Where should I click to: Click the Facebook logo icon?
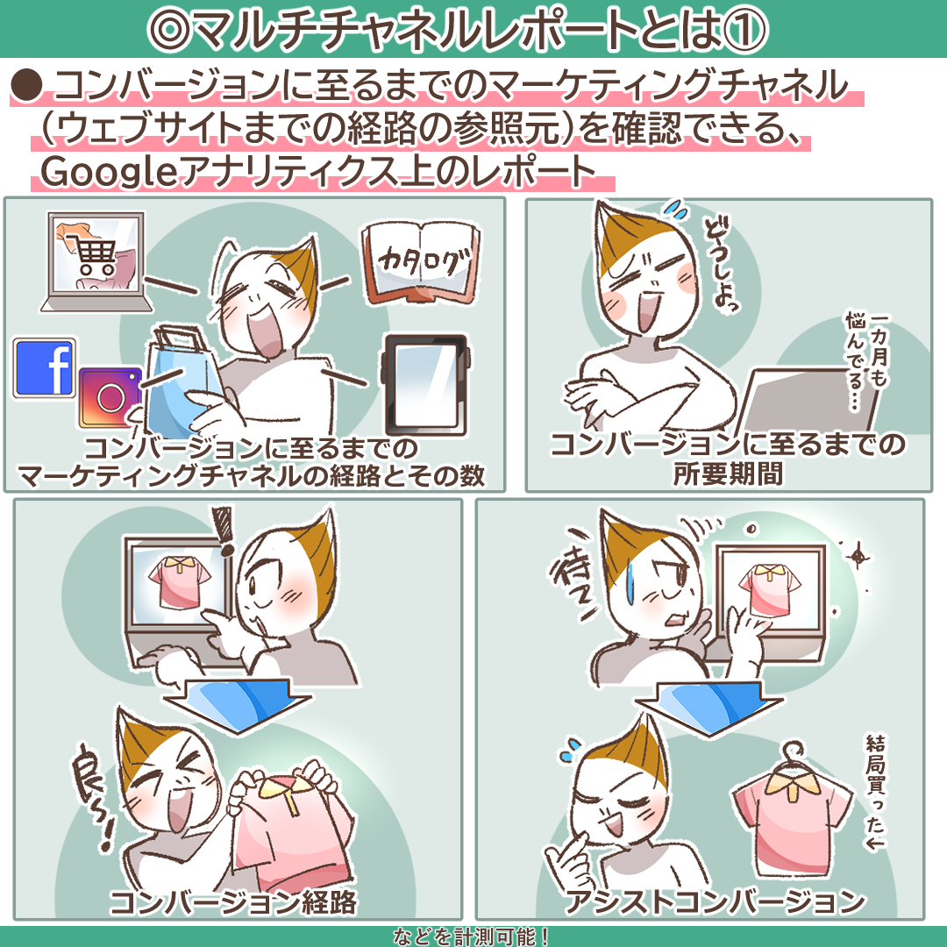click(44, 367)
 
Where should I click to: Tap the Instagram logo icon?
click(110, 397)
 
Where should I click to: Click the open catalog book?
click(420, 263)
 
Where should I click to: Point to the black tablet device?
click(425, 385)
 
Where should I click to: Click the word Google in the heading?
click(109, 171)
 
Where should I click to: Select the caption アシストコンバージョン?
click(716, 901)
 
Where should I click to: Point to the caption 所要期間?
click(728, 473)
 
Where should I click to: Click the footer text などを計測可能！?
click(471, 936)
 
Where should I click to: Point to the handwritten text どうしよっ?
click(721, 267)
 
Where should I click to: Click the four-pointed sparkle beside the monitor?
click(857, 555)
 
